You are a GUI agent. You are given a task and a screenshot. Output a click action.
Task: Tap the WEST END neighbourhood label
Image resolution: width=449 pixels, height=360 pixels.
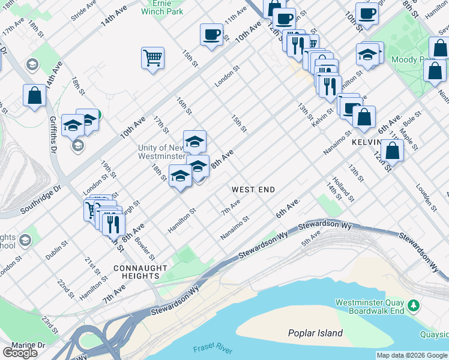[253, 190]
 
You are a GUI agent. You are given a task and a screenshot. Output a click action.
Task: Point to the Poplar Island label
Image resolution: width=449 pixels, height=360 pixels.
[315, 333]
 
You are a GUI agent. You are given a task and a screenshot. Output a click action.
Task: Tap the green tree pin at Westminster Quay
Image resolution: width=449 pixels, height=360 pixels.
[413, 306]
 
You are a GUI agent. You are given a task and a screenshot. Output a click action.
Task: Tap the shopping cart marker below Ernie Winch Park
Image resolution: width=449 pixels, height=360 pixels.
[152, 58]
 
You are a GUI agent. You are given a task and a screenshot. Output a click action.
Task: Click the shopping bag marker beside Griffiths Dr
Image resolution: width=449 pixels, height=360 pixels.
[35, 95]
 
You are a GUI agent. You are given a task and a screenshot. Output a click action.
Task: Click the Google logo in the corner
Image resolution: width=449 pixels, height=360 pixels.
[20, 353]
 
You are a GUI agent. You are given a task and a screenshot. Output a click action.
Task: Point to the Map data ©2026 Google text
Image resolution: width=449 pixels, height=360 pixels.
[412, 355]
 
